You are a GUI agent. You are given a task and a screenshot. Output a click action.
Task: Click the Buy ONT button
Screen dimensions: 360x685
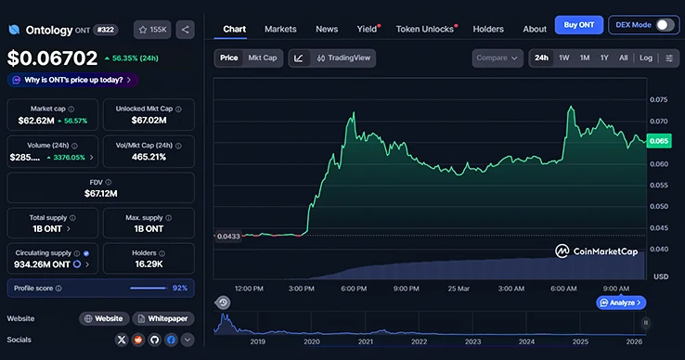(579, 25)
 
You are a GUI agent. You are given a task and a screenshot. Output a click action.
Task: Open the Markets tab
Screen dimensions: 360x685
(280, 29)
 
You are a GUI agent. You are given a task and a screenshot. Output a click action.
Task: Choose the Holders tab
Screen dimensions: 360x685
(488, 29)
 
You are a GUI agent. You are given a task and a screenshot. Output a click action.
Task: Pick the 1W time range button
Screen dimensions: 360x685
(563, 58)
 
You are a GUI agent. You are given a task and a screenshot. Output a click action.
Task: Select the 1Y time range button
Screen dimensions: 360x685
(604, 58)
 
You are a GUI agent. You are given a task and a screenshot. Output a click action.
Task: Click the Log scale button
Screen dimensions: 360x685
(646, 58)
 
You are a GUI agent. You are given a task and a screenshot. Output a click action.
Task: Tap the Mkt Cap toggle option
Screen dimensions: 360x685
(263, 58)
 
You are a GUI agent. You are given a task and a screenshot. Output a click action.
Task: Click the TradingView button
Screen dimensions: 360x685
(344, 58)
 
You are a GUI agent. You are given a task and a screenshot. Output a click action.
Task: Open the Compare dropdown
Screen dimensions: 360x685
(498, 58)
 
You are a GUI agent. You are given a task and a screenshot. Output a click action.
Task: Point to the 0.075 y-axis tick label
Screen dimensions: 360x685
(659, 99)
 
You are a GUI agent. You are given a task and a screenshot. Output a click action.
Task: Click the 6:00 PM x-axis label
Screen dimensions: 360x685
(354, 289)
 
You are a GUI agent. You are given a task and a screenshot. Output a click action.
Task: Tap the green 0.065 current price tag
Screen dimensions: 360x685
(659, 141)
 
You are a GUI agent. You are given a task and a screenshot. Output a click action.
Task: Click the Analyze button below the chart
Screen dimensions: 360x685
(622, 302)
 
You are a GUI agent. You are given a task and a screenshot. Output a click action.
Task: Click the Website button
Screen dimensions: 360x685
(103, 318)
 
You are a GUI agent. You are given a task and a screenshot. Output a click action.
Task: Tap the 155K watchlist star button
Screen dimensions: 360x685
(152, 30)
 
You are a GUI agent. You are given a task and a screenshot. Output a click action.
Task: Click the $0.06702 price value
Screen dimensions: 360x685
(53, 58)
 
